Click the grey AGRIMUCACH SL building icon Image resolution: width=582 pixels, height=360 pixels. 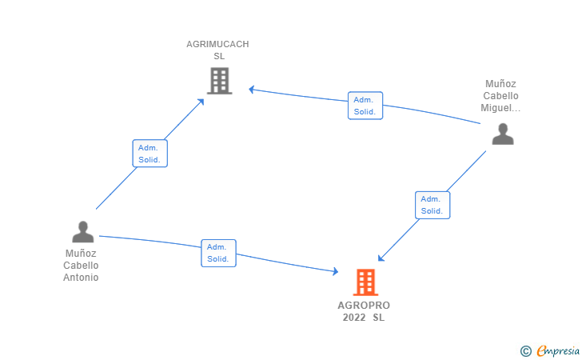[x=219, y=81]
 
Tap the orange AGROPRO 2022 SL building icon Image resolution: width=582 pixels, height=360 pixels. [x=365, y=282]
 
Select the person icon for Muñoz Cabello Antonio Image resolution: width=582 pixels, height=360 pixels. [x=83, y=232]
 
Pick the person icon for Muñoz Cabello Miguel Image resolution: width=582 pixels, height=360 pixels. [x=503, y=134]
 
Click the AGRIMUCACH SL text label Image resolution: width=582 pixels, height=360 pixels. [x=218, y=50]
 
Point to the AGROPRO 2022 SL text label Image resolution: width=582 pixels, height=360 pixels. [x=364, y=311]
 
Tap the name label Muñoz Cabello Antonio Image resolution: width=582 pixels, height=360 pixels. [x=81, y=266]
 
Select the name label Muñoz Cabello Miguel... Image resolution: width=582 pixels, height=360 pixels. [x=501, y=95]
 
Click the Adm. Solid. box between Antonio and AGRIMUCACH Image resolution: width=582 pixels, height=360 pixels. [x=149, y=154]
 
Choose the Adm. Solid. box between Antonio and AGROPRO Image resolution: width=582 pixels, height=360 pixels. [x=218, y=253]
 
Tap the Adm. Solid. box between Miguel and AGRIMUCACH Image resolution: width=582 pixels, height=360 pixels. [x=365, y=106]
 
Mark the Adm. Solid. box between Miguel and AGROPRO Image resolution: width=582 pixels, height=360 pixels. [x=433, y=205]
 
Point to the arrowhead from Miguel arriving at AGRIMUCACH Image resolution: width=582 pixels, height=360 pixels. [x=251, y=89]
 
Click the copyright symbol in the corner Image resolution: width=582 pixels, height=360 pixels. [x=525, y=350]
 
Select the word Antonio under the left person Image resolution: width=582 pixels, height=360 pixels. [x=81, y=278]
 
